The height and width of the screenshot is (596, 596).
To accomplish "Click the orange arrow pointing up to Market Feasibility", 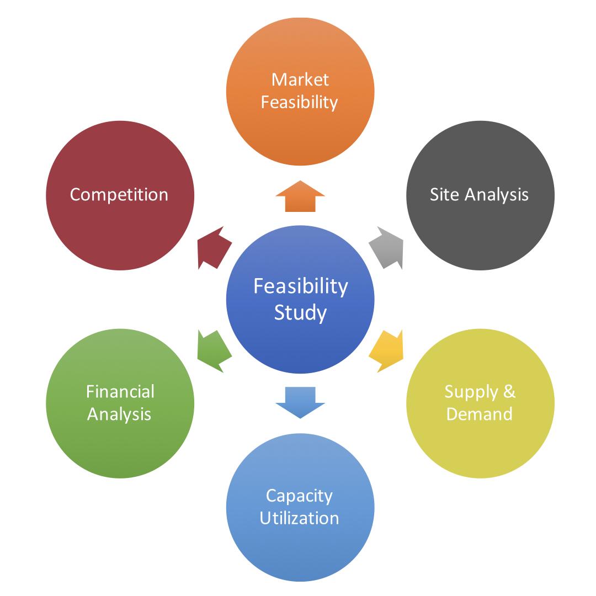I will (300, 197).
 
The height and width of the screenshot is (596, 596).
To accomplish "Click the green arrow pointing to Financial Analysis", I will (214, 351).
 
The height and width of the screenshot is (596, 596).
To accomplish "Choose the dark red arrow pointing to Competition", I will (214, 247).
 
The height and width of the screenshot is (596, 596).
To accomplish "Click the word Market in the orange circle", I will (300, 79).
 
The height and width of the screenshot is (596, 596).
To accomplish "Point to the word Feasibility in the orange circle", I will (300, 102).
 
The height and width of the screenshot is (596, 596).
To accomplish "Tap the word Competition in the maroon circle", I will (119, 195).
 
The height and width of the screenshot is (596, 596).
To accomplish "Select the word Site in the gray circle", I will (444, 195).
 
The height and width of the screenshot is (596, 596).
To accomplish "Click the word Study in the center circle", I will (300, 312).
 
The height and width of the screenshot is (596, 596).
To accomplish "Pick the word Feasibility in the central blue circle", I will (301, 286).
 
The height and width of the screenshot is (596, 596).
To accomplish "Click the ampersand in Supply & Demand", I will (509, 391).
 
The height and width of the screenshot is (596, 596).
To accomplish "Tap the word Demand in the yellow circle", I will (479, 413).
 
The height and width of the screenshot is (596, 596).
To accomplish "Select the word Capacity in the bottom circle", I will (299, 496).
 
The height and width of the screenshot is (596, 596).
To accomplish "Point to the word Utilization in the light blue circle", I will (299, 518).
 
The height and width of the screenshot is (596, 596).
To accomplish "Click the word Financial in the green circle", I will (120, 391).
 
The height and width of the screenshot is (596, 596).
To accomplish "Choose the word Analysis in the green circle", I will (119, 414).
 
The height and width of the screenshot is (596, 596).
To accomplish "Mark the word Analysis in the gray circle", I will (496, 195).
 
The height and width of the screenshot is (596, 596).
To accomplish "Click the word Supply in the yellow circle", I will (471, 392).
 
